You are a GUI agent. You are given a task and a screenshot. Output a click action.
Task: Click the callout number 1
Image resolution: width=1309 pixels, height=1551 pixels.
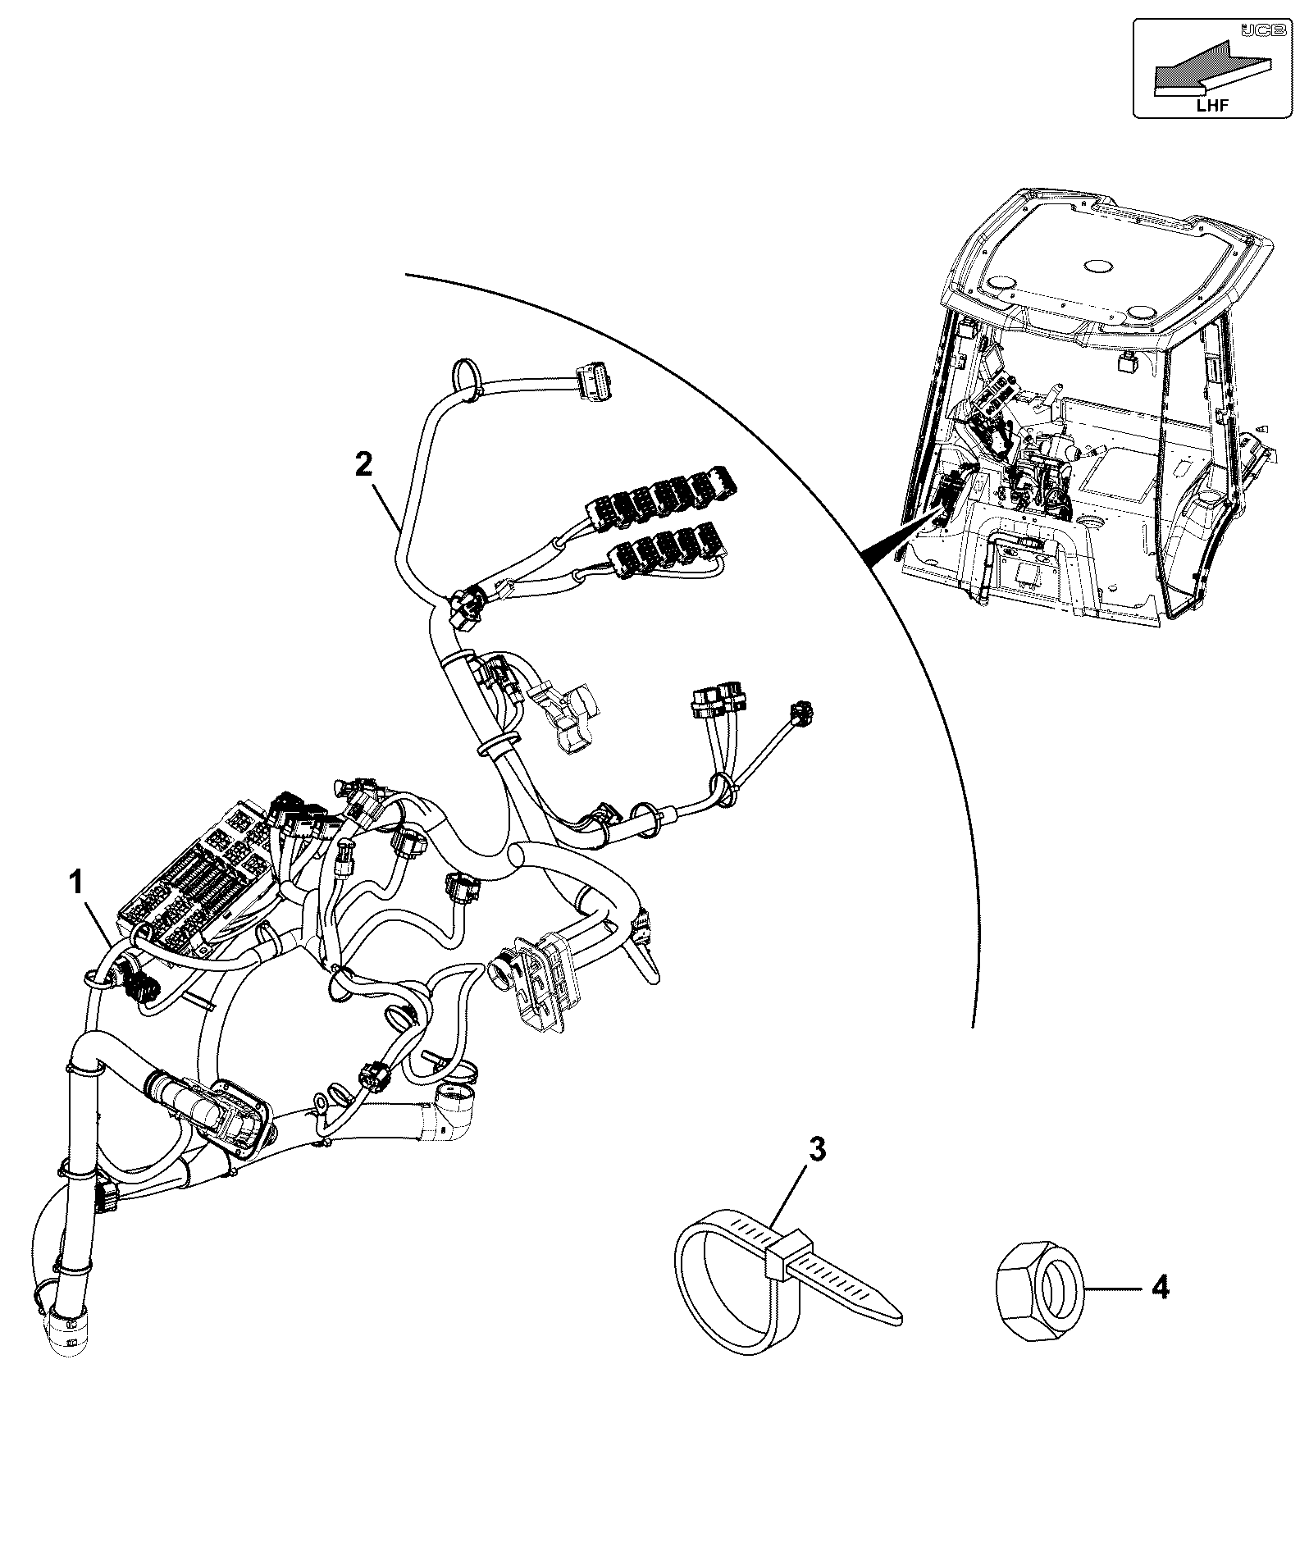(75, 883)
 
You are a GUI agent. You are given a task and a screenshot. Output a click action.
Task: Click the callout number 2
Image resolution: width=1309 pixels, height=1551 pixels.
(363, 465)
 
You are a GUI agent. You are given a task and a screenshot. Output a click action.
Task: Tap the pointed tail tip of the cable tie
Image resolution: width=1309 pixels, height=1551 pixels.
(901, 1319)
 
